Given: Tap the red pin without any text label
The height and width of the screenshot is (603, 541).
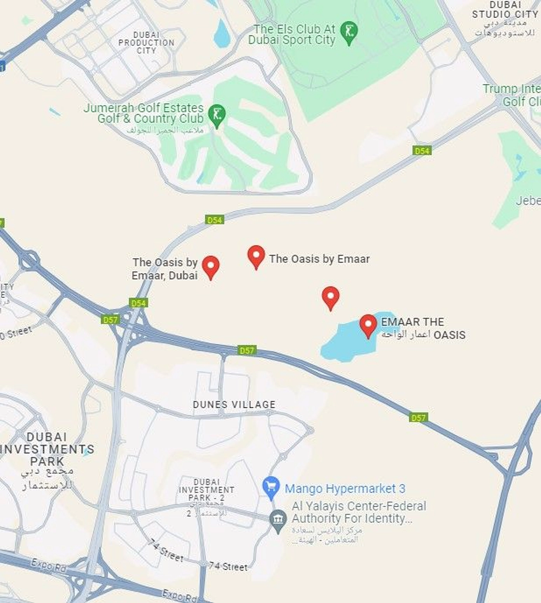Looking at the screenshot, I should pos(330,298).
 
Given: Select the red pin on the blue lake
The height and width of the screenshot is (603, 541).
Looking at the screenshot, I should pos(368,326).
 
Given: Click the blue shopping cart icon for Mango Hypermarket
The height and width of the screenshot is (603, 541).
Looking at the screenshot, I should pos(271,487).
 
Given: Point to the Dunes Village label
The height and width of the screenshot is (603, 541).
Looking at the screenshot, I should pos(234,404).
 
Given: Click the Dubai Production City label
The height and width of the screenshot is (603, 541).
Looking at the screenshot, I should pos(146,43).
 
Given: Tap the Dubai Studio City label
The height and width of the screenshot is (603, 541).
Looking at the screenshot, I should pos(504,10).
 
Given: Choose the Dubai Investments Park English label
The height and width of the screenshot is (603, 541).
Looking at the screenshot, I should pos(47,449).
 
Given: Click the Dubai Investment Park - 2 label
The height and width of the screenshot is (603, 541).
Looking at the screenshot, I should pos(206,490).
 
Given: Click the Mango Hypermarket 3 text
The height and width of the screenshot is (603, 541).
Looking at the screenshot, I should pos(345,488).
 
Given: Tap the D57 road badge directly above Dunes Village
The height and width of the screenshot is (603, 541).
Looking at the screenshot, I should pos(247,350).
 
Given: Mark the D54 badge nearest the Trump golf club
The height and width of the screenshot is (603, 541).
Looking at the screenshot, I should pos(422,151).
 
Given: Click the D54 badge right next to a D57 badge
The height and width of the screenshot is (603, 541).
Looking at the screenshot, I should pos(139,303).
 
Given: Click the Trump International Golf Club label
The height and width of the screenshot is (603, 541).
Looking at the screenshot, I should pos(511,95).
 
